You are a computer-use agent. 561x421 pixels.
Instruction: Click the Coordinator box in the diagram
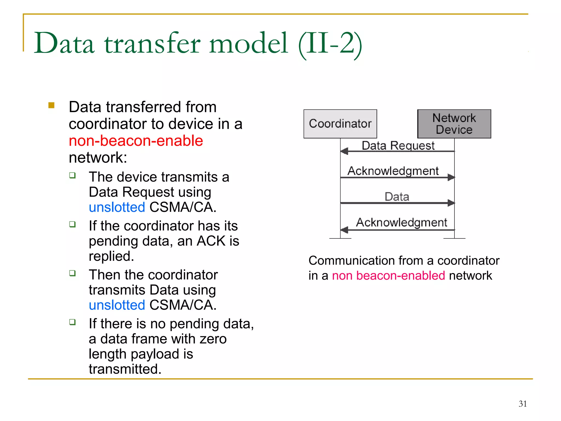coord(340,124)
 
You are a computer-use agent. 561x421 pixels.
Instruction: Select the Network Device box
coord(454,124)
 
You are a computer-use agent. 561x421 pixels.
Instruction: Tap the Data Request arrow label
coord(398,146)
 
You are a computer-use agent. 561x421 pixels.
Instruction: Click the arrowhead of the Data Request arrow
coord(344,151)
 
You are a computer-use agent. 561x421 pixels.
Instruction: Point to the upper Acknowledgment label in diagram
coord(393,171)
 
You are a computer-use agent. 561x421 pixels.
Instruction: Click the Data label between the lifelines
coord(397,197)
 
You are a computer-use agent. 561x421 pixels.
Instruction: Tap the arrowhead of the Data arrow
coord(451,203)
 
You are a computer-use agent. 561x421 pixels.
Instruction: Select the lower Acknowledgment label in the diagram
coord(401,222)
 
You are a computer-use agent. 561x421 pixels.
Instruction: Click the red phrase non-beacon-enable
coord(136,141)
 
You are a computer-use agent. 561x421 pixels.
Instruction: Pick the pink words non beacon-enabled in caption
coord(388,275)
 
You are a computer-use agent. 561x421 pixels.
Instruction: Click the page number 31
coord(522,404)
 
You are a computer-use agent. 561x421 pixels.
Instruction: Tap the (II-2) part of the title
coord(330,44)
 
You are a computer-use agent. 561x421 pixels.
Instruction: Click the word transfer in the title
coord(152,44)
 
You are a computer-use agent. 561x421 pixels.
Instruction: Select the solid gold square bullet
coord(51,105)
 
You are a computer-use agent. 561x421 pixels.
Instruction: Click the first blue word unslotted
coord(117,207)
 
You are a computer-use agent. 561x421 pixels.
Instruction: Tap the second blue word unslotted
coord(117,305)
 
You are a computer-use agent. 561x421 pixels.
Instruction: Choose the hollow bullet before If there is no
coord(72,322)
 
